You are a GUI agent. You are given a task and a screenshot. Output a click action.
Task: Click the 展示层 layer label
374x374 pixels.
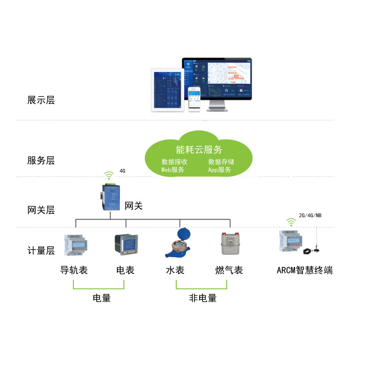click(41, 100)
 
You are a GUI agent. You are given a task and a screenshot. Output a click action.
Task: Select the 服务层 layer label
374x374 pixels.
click(41, 161)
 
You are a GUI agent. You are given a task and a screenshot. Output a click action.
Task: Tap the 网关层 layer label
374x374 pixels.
click(41, 210)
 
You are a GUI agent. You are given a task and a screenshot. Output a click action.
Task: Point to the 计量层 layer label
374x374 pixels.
click(41, 251)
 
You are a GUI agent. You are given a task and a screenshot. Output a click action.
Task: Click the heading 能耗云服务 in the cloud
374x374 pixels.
click(199, 150)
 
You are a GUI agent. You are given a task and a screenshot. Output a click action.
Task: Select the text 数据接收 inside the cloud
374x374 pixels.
click(174, 162)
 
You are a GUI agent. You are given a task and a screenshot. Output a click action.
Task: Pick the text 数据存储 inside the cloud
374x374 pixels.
click(221, 162)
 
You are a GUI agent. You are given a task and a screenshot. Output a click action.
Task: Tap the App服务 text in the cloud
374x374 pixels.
click(220, 170)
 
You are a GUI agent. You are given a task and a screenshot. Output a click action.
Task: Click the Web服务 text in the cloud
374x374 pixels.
click(173, 170)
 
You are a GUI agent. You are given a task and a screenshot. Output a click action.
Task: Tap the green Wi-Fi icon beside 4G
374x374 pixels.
click(109, 176)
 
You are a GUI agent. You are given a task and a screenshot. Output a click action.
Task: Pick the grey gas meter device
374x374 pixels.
click(230, 244)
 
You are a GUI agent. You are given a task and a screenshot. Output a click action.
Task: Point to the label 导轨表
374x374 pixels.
click(74, 270)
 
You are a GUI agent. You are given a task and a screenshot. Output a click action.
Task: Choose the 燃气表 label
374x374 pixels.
click(229, 270)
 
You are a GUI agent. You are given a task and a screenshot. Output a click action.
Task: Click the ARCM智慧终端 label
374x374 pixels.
click(305, 270)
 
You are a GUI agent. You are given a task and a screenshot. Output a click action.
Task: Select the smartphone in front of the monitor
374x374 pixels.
click(194, 99)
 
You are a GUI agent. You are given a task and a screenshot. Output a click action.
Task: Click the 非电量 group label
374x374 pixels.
click(203, 298)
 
